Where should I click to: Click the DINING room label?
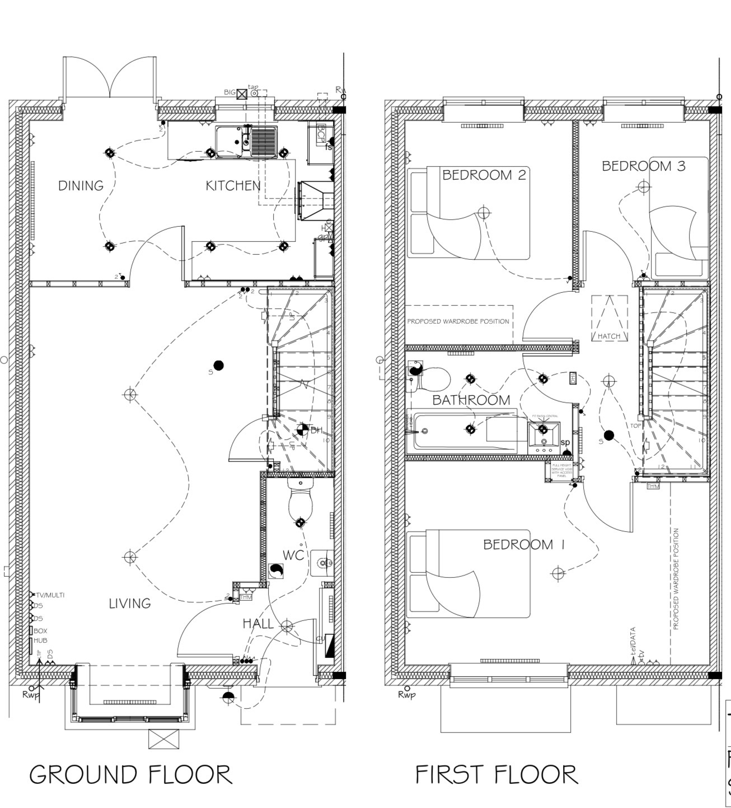(x=81, y=185)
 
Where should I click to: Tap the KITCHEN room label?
(x=233, y=185)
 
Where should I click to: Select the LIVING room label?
(x=130, y=603)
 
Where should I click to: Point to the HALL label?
(x=258, y=623)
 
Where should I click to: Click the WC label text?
(x=293, y=555)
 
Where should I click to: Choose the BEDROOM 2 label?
(x=484, y=175)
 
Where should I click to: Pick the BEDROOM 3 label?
(x=643, y=166)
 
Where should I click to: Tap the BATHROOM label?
(x=471, y=400)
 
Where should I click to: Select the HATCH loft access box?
(x=609, y=319)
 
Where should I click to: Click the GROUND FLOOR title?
(x=130, y=774)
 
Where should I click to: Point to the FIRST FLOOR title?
(x=496, y=774)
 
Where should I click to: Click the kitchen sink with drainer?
(x=247, y=141)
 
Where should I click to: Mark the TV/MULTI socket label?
(x=50, y=595)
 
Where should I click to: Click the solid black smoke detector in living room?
(x=219, y=366)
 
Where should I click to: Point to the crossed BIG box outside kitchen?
(x=241, y=94)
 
